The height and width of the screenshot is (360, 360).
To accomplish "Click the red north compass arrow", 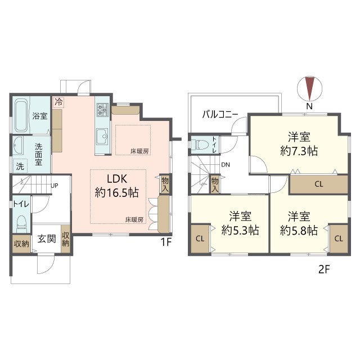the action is coord(309,88).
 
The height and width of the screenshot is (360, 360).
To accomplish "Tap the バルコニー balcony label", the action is coord(220,114).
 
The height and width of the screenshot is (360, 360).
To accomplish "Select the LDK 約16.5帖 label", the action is coord(117,186).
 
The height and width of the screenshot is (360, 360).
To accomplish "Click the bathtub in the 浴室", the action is coord(21,115).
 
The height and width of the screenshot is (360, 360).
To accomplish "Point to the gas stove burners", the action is coord(102,110).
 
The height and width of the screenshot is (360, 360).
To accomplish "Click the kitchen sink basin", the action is coord(102,137).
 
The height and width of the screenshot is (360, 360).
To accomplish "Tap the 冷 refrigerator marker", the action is coord(59,102).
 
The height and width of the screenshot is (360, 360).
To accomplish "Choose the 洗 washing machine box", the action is coord(20,166).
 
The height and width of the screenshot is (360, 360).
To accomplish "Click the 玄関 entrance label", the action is coord(47,238).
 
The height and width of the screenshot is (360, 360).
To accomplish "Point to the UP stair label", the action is coord(55,186).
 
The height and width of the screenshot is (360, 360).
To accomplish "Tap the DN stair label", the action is coord(226,165).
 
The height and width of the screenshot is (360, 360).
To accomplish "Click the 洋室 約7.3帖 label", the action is coord(299,144).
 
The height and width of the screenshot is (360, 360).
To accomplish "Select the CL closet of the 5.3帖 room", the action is coord(200,238).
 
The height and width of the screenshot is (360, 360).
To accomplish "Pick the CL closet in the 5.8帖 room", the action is coord(339,238).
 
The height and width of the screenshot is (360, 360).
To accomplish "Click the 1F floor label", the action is coord(166,242).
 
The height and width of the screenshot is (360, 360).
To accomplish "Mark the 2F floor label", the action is coord(324,269).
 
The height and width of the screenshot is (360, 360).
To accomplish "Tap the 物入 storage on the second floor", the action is coord(215,184).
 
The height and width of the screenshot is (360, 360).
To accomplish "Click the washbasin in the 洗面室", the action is coord(18,145).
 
